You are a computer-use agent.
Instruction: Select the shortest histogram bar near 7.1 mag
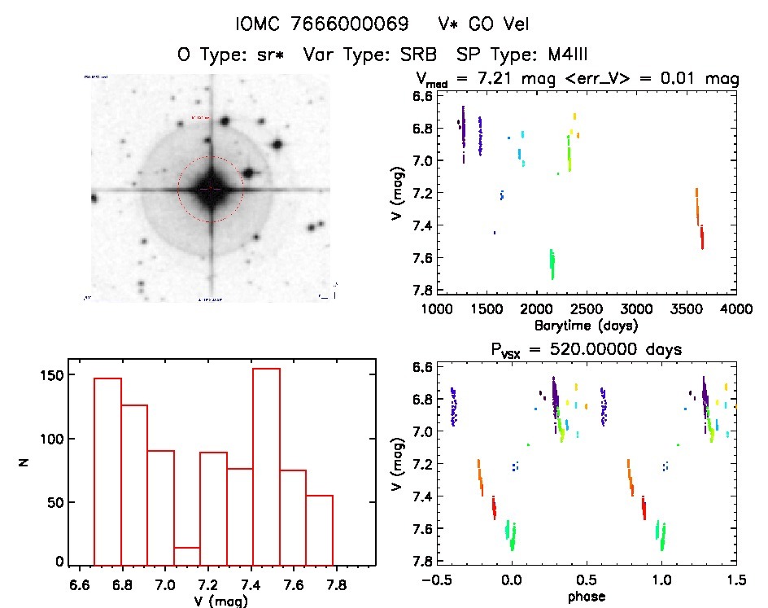(x=187, y=556)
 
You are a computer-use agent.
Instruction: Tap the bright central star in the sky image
(x=211, y=188)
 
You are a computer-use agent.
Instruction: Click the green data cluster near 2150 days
(x=552, y=262)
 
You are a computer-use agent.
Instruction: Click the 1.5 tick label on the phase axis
(x=735, y=580)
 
